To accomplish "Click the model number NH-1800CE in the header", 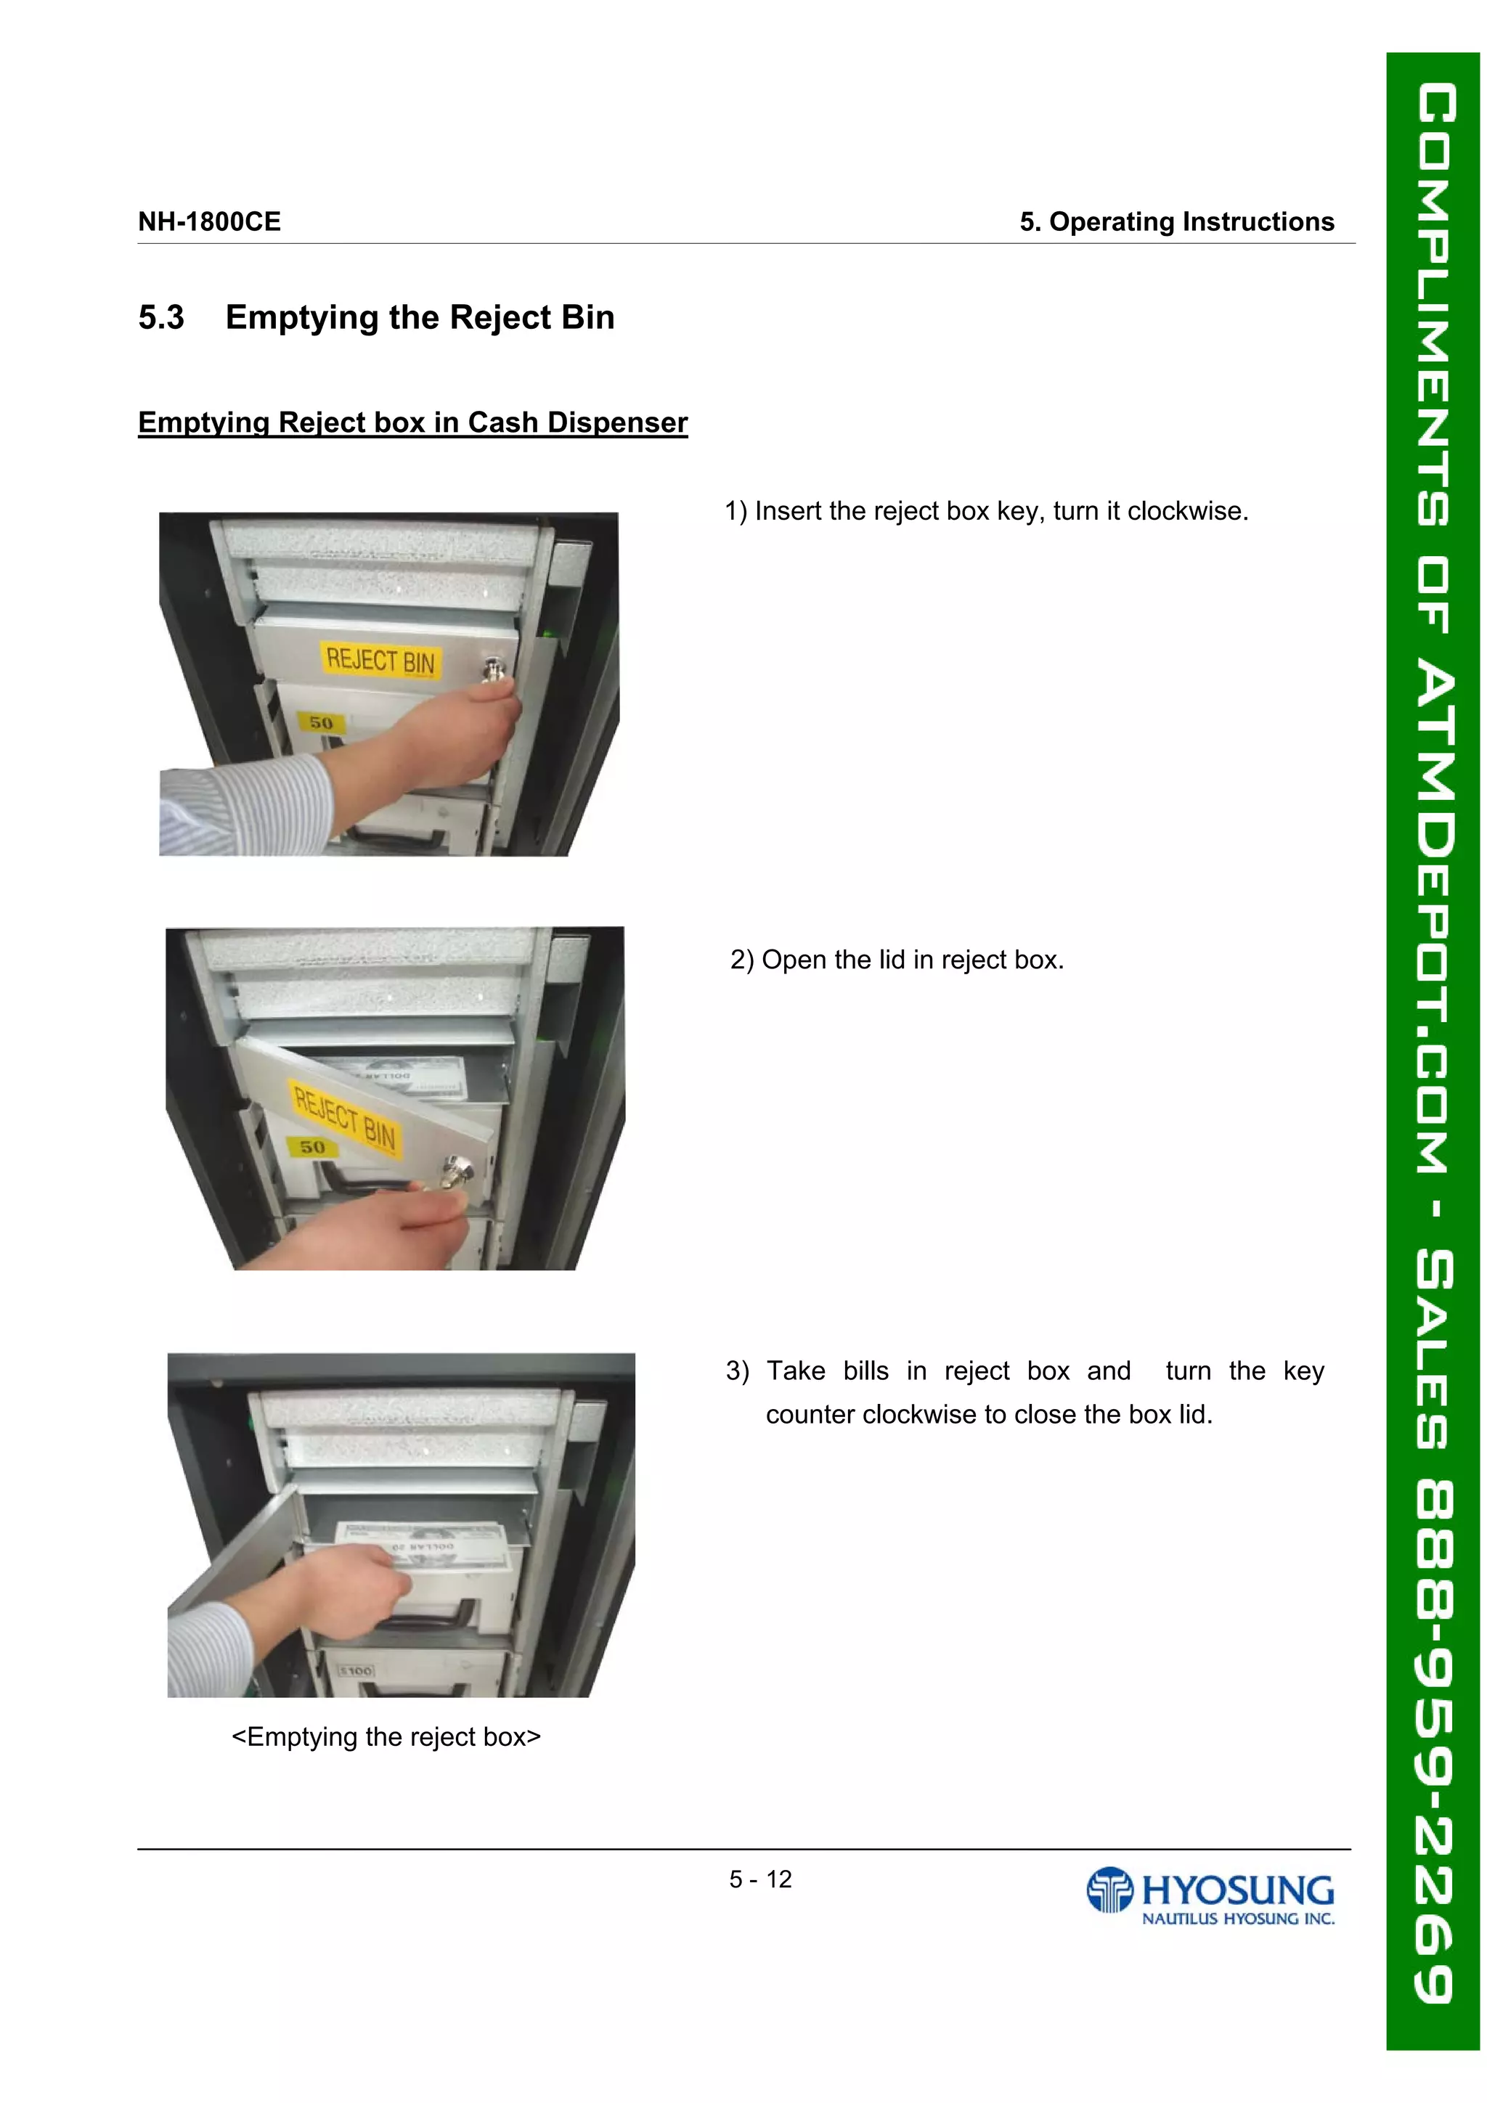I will point(209,221).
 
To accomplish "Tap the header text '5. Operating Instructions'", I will point(1176,221).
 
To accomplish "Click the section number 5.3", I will point(161,318).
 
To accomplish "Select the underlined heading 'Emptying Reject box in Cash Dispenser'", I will point(412,422).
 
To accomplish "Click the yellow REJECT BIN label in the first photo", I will point(380,661).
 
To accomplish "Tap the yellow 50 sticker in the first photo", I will point(321,723).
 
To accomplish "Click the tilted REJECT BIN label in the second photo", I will point(344,1116).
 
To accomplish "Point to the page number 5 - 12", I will point(759,1879).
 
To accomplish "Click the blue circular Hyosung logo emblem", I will point(1109,1890).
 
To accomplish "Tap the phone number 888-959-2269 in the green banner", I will point(1435,1740).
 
